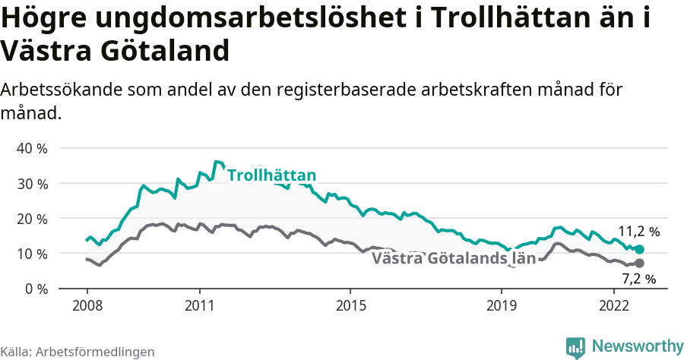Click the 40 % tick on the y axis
[32, 148]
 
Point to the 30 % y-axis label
[32, 183]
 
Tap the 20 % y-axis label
[32, 218]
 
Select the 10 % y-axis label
[32, 253]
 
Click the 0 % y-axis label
[35, 289]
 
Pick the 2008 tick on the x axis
[87, 306]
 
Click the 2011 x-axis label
[199, 306]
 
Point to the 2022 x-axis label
[613, 306]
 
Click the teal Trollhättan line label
[271, 176]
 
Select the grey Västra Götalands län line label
[454, 258]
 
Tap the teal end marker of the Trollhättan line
[639, 249]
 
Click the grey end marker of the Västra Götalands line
[639, 264]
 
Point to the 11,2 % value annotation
[638, 231]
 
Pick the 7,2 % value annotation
[638, 279]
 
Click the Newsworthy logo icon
[575, 347]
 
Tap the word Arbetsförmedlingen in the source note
[95, 352]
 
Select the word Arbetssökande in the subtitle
[55, 90]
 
